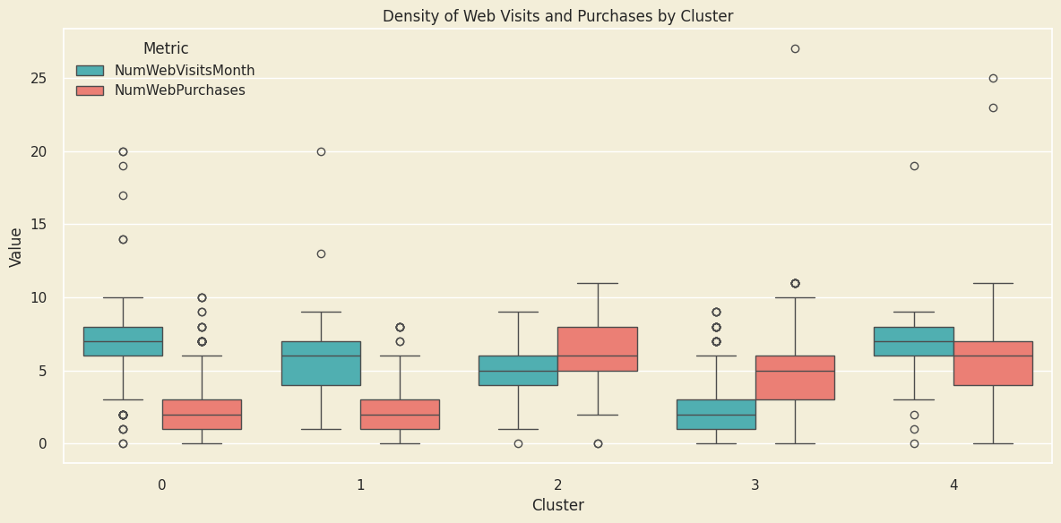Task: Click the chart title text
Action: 557,16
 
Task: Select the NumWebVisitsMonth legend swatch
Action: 90,71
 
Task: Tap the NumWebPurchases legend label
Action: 179,90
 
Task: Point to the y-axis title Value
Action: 16,246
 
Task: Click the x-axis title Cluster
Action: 557,505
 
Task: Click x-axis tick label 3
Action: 755,484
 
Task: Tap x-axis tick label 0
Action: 162,484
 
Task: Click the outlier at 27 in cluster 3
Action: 795,48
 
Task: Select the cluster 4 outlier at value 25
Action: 993,78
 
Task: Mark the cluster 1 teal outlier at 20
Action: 321,151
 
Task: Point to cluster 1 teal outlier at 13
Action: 321,253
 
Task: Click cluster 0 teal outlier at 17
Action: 123,195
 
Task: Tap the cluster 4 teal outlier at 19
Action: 914,166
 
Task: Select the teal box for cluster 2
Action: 518,371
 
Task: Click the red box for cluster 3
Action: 795,378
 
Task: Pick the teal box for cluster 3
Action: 716,415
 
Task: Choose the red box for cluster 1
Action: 400,415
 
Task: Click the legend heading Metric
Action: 166,48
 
